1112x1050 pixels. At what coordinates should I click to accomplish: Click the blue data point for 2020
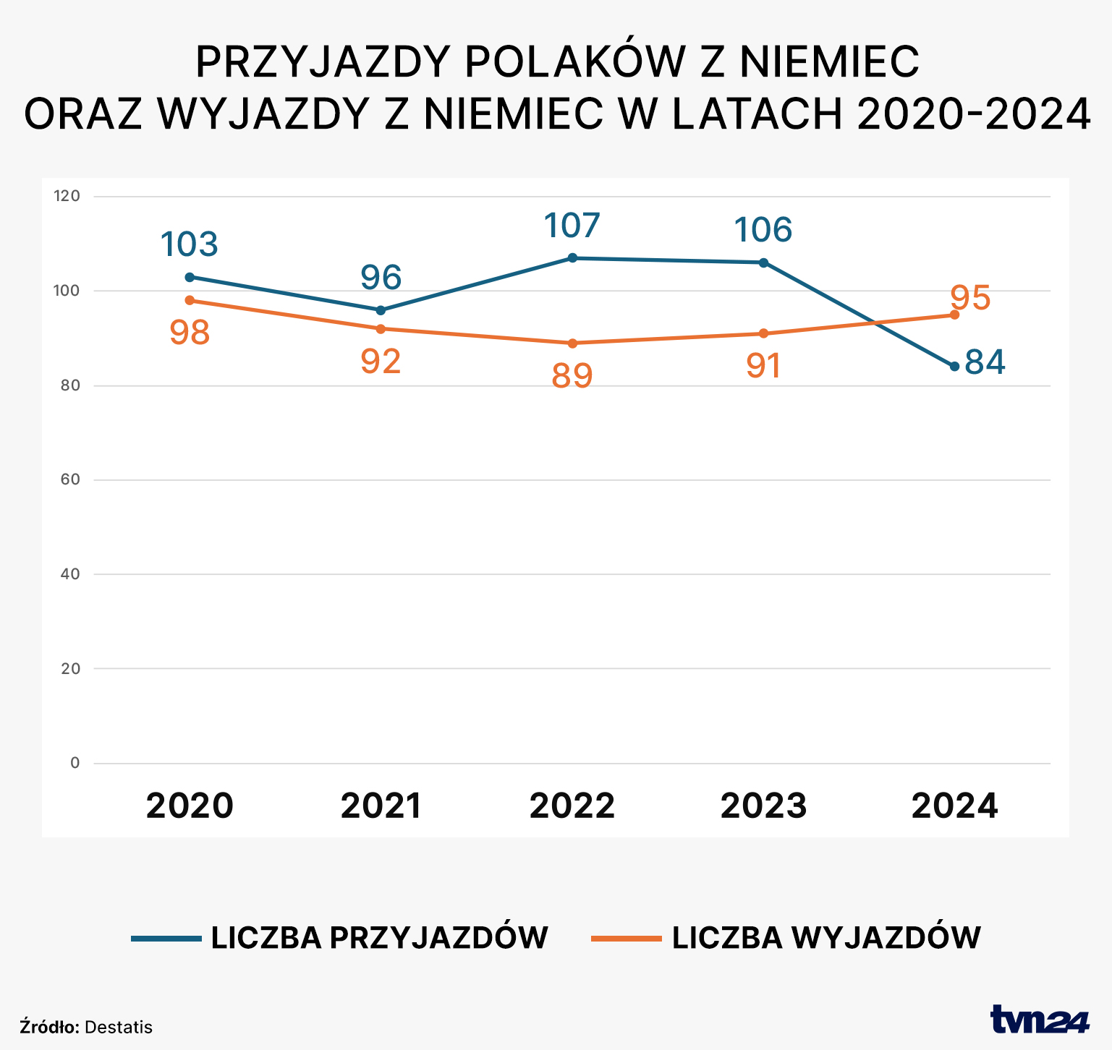coord(190,277)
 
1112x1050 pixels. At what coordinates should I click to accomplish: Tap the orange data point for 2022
coord(572,343)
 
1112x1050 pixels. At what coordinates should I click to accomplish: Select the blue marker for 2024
coord(954,367)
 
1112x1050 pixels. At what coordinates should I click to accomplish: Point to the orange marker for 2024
coord(954,315)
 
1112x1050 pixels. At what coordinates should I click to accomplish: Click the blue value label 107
coord(572,226)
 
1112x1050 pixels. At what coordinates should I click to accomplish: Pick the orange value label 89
coord(572,376)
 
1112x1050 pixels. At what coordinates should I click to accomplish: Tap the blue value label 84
coord(985,362)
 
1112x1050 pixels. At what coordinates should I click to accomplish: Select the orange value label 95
coord(970,298)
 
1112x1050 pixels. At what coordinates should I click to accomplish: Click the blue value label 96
coord(381,278)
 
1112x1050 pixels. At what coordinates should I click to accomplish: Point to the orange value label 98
coord(190,333)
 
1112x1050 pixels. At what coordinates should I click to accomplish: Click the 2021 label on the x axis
coord(381,806)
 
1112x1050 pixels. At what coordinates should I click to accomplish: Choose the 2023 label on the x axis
coord(763,806)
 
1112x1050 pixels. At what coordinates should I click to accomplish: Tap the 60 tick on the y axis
coord(70,479)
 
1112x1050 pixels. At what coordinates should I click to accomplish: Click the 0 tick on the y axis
coord(75,763)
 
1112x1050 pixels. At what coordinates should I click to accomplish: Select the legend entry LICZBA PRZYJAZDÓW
coord(379,938)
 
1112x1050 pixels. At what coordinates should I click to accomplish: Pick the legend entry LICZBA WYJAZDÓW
coord(826,938)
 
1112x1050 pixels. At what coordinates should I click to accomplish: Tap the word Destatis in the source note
coord(119,1027)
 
